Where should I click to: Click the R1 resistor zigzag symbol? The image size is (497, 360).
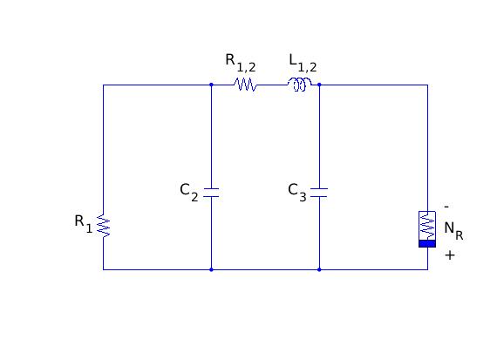(104, 226)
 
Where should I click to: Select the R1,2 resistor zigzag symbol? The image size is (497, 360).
(245, 85)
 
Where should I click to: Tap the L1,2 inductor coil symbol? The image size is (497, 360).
(300, 85)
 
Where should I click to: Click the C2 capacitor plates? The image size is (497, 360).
(211, 193)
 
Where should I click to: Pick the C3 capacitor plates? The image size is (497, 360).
(319, 193)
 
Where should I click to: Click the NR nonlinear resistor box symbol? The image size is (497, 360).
(427, 229)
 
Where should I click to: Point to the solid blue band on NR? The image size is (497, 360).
(427, 244)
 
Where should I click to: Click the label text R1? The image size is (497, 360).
(84, 223)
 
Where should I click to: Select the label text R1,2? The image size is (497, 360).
(241, 63)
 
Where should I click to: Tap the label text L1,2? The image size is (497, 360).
(303, 63)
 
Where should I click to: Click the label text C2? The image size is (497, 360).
(189, 192)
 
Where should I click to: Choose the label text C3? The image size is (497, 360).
(297, 192)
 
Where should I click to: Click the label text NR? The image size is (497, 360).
(453, 231)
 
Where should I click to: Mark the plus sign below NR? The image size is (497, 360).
(450, 255)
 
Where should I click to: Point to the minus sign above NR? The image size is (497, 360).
(446, 207)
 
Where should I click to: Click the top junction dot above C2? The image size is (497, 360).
(211, 85)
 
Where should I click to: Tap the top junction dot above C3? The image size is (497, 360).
(319, 85)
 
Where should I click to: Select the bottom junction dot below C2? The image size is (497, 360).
(211, 269)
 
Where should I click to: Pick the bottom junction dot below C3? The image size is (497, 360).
(319, 269)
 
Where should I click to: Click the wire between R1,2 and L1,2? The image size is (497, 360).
(272, 85)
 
